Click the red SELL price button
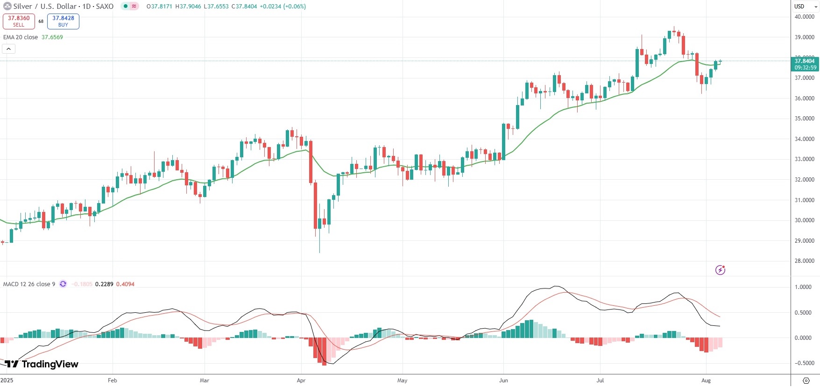pos(19,21)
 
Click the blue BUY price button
pos(63,21)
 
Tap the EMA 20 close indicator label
pos(21,37)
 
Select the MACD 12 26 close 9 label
pos(29,284)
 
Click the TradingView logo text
pos(49,364)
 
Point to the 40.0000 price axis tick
pos(804,17)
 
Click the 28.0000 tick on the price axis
pos(804,261)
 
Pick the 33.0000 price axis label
pos(804,159)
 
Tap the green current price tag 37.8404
pos(805,64)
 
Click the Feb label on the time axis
pos(112,380)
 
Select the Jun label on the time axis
pos(503,380)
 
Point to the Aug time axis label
pos(706,380)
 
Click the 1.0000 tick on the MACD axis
pos(803,287)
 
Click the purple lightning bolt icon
pos(720,270)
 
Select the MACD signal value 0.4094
pos(125,284)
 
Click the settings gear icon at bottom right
pos(806,380)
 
